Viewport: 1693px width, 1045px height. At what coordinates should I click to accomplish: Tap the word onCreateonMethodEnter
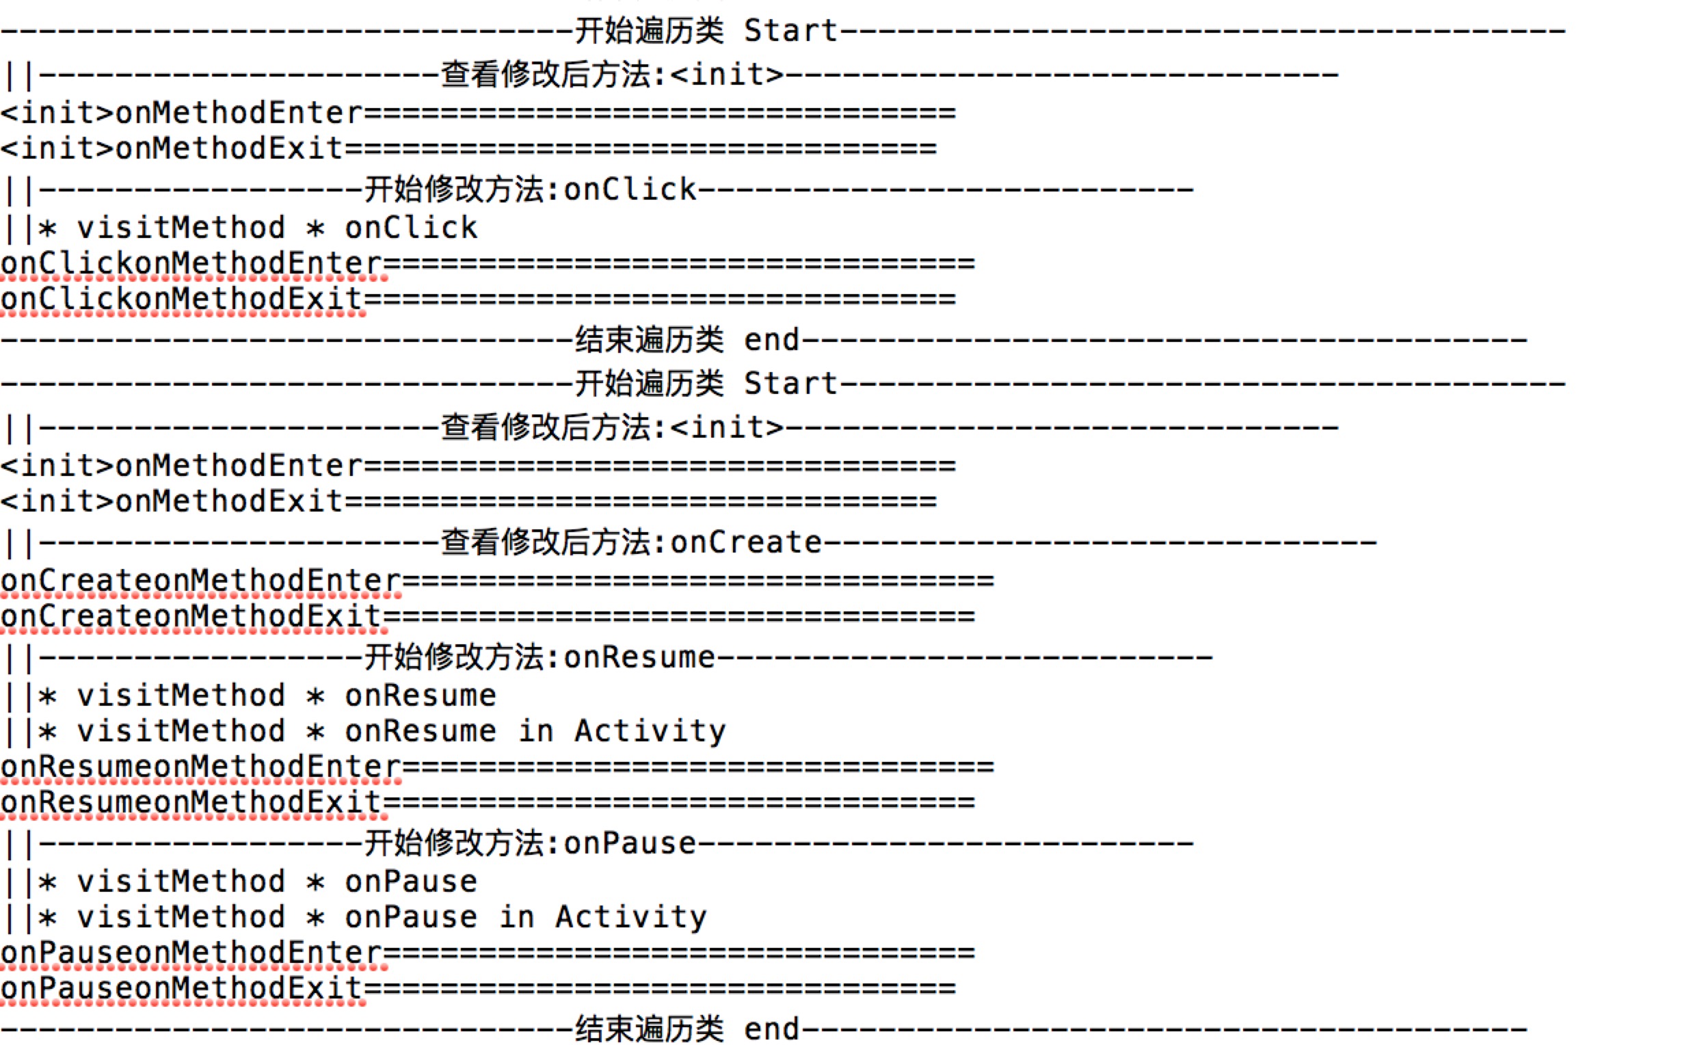tap(200, 581)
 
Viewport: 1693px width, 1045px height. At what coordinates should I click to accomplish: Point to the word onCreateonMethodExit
tap(191, 616)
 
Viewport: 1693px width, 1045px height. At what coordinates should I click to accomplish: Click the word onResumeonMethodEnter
tap(200, 767)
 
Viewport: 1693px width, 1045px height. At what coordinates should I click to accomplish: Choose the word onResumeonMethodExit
tap(191, 803)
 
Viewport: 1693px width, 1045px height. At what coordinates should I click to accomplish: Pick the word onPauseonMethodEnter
tap(191, 953)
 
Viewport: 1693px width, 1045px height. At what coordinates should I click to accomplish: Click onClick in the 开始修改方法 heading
tap(630, 189)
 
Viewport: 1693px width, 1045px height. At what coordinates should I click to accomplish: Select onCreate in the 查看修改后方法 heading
tap(746, 542)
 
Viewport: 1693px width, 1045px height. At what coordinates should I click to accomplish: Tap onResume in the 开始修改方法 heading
tap(639, 657)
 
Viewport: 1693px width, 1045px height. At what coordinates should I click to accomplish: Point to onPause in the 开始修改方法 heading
tap(630, 844)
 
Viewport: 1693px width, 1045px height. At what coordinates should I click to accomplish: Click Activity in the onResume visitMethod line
tap(650, 731)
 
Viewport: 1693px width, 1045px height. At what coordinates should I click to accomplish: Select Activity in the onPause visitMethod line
tap(631, 918)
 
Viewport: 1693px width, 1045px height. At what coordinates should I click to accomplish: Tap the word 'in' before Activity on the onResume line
tap(535, 731)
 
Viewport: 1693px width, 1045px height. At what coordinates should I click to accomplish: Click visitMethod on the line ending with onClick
tap(181, 228)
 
